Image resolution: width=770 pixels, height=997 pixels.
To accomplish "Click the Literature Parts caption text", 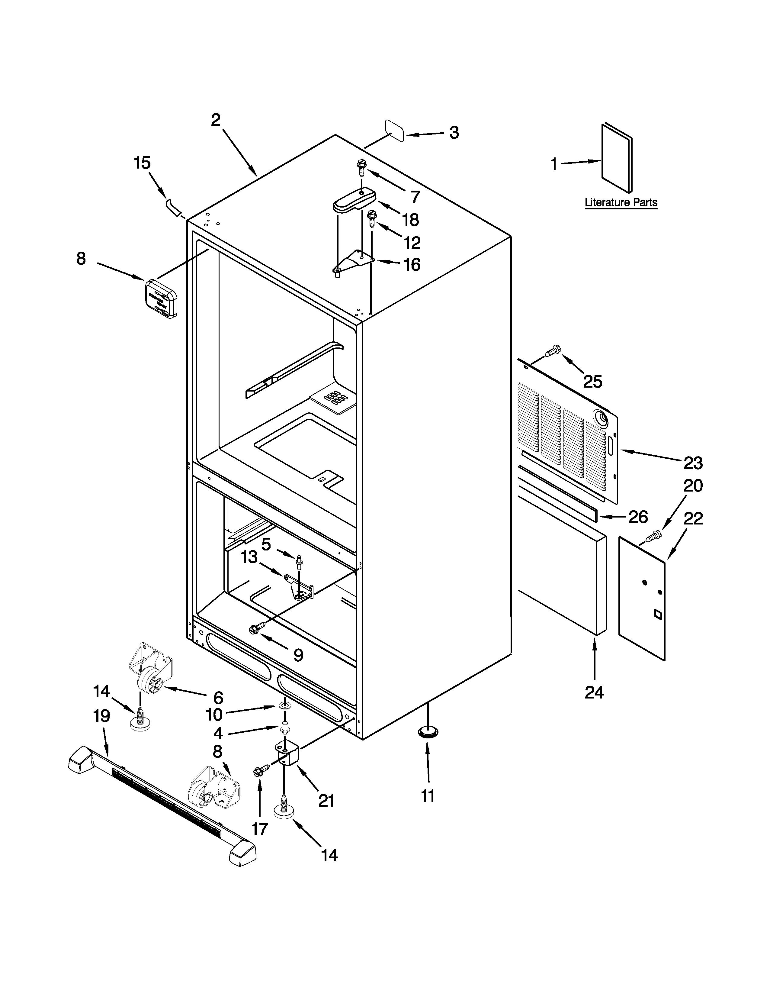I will coord(621,202).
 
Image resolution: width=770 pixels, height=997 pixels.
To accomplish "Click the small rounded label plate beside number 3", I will coord(395,131).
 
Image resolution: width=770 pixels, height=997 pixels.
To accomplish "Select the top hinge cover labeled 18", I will coord(354,201).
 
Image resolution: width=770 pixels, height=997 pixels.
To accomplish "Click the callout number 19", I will coord(101,715).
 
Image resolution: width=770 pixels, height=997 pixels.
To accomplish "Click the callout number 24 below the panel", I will coord(594,692).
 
